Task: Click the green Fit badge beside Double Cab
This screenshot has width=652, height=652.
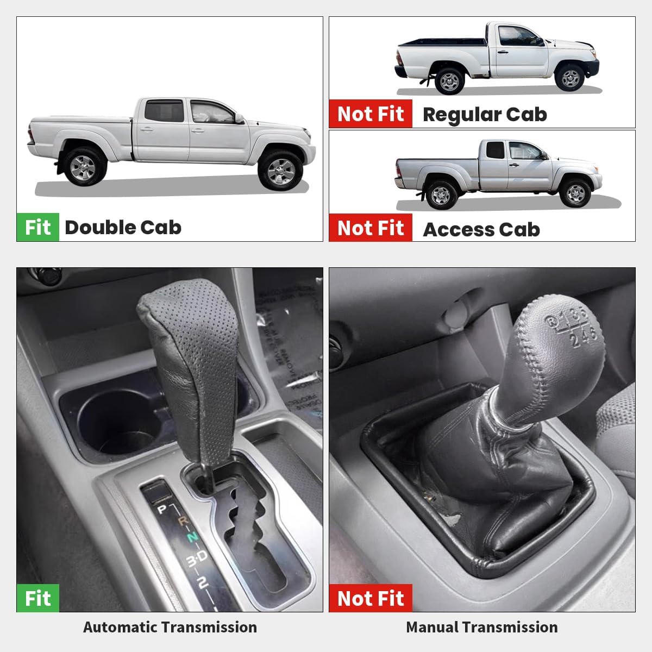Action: click(x=37, y=227)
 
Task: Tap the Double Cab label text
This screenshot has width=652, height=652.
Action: click(x=123, y=227)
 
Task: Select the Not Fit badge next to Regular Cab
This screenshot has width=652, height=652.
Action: click(x=371, y=114)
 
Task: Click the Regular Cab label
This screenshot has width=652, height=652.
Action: click(x=484, y=115)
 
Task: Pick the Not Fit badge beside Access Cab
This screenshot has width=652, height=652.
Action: click(x=371, y=228)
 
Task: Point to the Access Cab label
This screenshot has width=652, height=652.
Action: click(x=481, y=229)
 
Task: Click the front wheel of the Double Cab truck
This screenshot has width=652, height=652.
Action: click(x=280, y=171)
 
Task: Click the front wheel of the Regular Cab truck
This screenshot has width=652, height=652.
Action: click(x=570, y=79)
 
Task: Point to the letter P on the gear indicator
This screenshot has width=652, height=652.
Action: click(x=161, y=510)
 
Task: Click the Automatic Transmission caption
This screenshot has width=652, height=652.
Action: click(x=170, y=627)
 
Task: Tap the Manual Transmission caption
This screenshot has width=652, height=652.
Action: click(x=481, y=627)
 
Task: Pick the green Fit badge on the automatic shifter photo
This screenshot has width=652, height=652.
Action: click(x=37, y=598)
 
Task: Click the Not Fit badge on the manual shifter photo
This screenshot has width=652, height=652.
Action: click(x=371, y=598)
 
